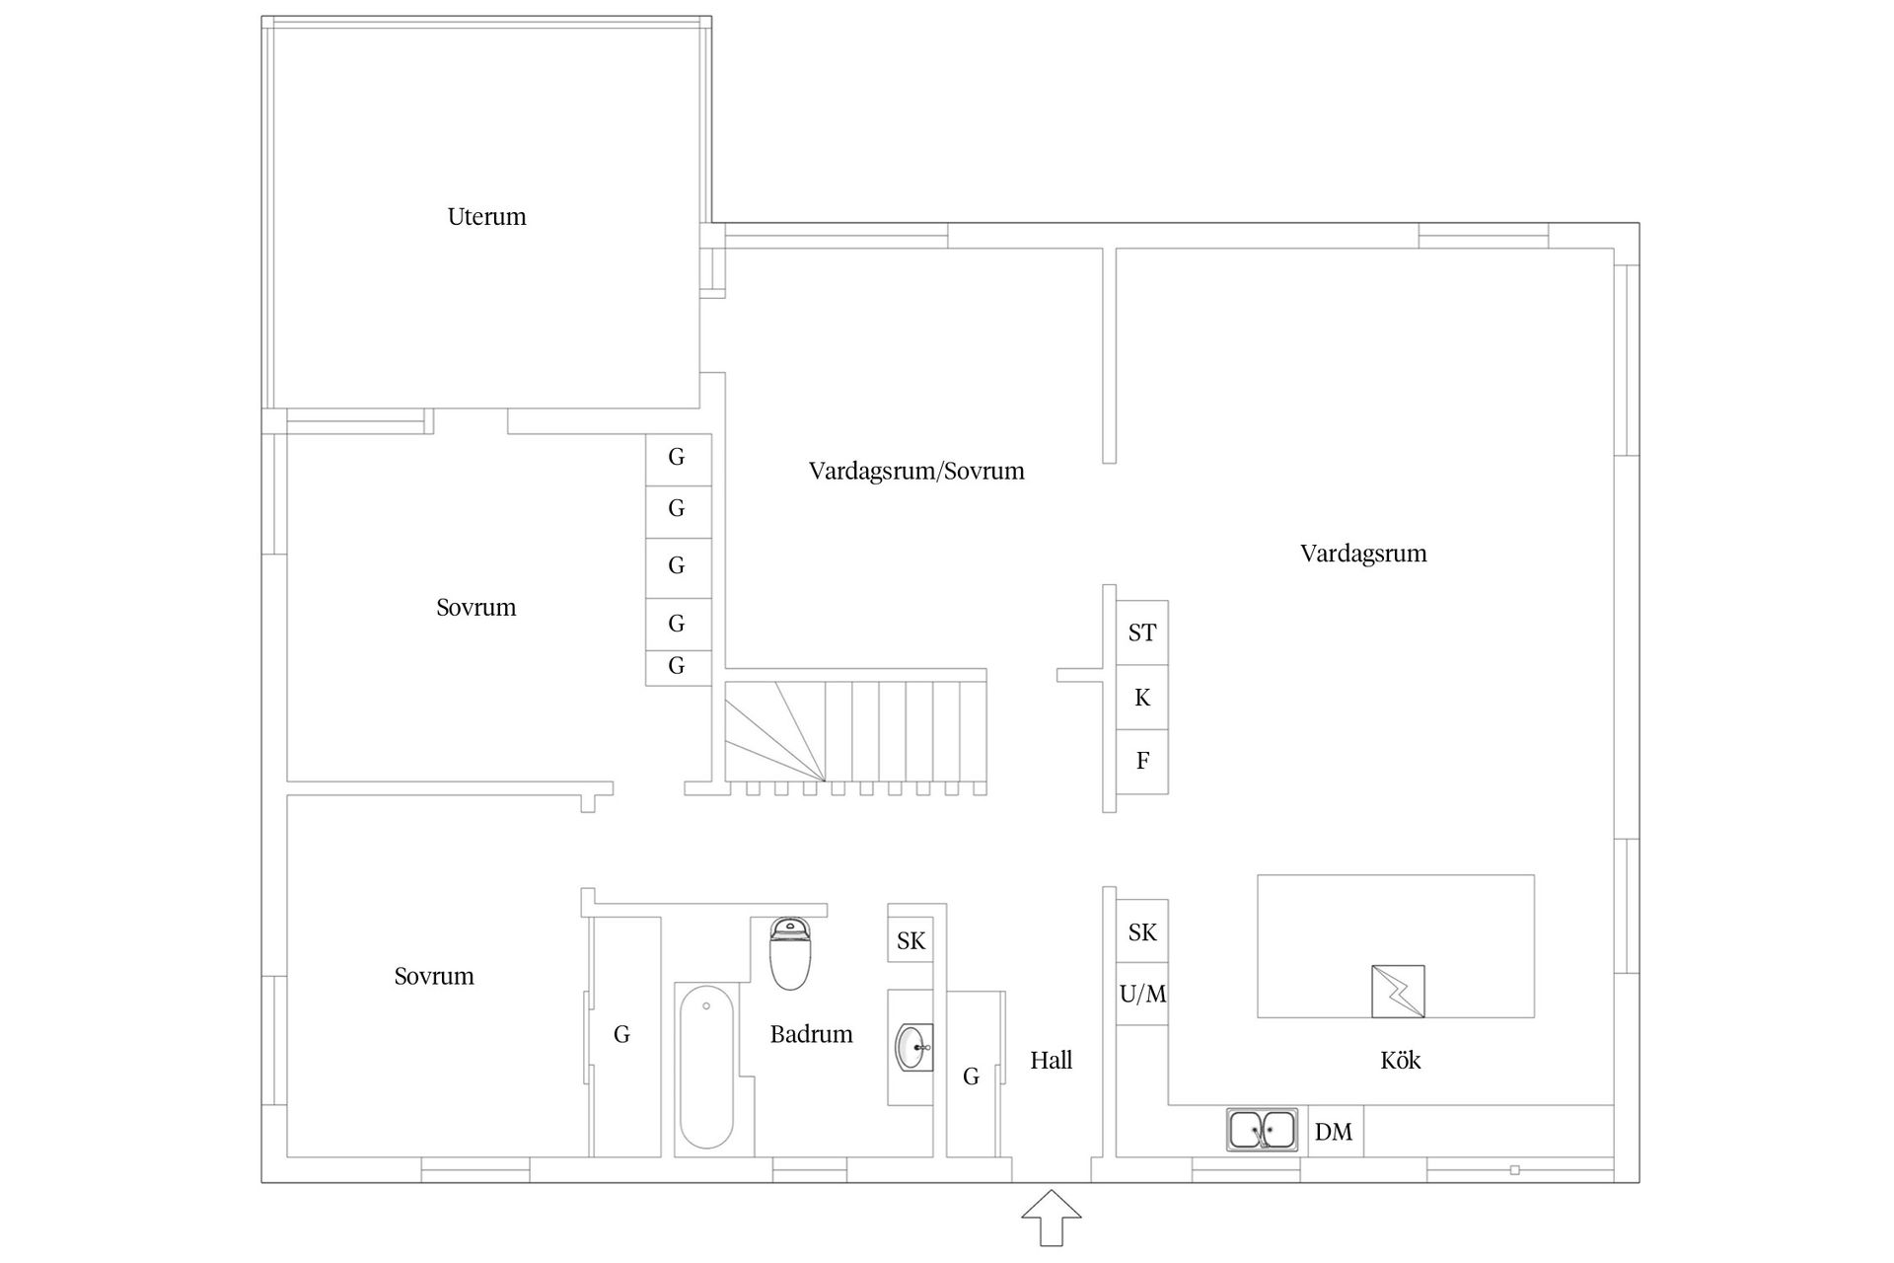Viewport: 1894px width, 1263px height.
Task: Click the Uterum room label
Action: (486, 217)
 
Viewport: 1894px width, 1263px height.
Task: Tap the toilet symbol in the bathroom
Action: (789, 953)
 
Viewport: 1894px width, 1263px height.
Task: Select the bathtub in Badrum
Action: (706, 1071)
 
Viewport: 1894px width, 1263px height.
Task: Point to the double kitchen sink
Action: (1262, 1130)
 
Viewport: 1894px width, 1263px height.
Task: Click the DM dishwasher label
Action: (1334, 1133)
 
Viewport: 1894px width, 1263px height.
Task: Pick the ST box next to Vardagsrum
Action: (1142, 632)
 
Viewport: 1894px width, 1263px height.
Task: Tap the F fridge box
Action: (1142, 761)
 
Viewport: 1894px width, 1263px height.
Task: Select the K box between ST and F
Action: (1142, 698)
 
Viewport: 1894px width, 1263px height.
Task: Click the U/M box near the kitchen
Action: (1142, 994)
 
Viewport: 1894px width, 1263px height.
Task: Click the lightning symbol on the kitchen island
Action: (1398, 992)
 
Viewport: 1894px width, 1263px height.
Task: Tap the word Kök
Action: (1400, 1061)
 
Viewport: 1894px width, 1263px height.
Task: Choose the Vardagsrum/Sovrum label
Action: (916, 471)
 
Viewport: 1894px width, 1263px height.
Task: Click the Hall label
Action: (1051, 1061)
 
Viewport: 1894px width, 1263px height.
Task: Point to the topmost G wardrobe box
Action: (677, 458)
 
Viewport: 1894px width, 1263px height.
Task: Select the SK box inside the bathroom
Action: (911, 941)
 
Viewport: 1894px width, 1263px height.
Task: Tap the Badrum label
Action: (811, 1034)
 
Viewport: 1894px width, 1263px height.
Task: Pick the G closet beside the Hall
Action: (972, 1076)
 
